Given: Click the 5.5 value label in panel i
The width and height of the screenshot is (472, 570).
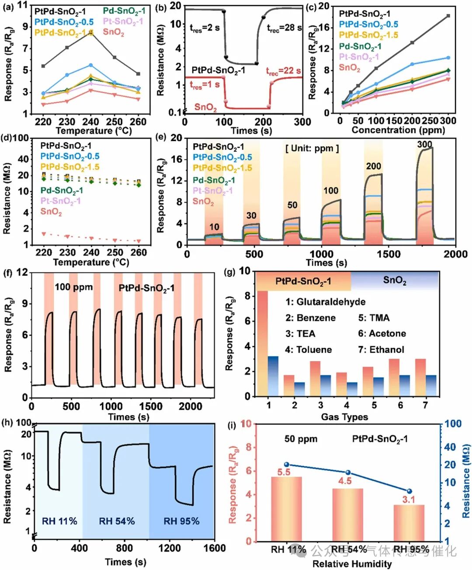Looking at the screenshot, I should [x=284, y=472].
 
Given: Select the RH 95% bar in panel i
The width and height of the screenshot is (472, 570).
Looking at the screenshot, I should [x=409, y=523].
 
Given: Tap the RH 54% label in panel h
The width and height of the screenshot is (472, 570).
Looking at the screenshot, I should [x=117, y=521].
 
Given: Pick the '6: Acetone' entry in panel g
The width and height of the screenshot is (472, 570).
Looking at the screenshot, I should [x=382, y=334].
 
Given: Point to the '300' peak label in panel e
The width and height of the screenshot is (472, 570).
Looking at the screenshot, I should [x=424, y=144].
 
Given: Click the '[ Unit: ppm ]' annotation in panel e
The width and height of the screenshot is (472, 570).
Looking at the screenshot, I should [x=312, y=148].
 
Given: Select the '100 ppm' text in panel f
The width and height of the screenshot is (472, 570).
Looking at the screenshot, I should [x=73, y=287].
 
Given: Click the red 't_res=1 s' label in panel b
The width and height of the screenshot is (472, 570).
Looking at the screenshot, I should [x=205, y=85].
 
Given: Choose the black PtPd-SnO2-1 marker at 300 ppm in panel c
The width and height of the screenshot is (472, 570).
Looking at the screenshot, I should [x=448, y=16].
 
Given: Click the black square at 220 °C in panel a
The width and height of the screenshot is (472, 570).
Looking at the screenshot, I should [x=43, y=66].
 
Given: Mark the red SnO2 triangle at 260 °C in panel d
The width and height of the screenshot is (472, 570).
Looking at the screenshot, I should [x=139, y=241].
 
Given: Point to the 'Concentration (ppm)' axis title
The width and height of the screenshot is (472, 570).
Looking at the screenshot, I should [x=398, y=130].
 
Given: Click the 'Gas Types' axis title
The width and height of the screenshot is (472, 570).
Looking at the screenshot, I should [x=344, y=417].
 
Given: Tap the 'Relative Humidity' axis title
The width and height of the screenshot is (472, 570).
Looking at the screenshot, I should [x=352, y=564].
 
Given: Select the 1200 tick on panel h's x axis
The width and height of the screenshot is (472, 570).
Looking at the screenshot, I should [x=169, y=548].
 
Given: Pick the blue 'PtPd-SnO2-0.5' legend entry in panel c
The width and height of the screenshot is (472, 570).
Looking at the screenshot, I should [x=368, y=24].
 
